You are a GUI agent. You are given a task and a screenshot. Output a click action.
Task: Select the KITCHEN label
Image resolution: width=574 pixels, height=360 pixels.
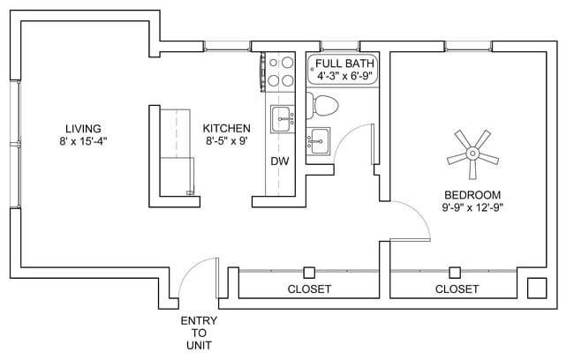click(227, 127)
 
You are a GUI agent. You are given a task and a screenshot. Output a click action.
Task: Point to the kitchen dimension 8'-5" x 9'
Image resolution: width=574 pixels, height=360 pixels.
click(227, 140)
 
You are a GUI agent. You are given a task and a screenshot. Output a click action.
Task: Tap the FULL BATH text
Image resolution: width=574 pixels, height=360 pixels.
click(344, 64)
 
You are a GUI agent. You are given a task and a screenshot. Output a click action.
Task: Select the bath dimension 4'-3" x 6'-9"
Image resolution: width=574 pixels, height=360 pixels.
click(344, 77)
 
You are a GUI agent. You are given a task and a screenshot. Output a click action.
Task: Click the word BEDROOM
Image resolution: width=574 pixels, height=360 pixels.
click(472, 195)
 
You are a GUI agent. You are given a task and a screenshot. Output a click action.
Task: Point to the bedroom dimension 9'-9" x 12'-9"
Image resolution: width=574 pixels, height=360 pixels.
click(472, 208)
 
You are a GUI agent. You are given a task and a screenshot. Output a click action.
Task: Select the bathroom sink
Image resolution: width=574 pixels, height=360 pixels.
click(319, 139)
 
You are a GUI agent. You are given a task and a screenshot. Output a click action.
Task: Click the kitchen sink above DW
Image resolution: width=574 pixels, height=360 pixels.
click(282, 118)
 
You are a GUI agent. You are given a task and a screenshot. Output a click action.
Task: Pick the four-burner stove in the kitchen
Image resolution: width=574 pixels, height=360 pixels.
click(281, 71)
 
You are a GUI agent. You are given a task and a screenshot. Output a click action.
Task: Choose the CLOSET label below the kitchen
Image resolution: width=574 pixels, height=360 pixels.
click(309, 289)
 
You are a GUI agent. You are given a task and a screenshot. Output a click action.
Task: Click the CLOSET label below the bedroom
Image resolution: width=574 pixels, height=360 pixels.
click(457, 289)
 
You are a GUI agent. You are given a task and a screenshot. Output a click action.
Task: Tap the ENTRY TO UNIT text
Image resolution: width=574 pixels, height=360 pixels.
click(199, 333)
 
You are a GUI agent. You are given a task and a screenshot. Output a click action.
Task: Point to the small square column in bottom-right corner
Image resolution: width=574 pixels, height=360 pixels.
click(536, 288)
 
